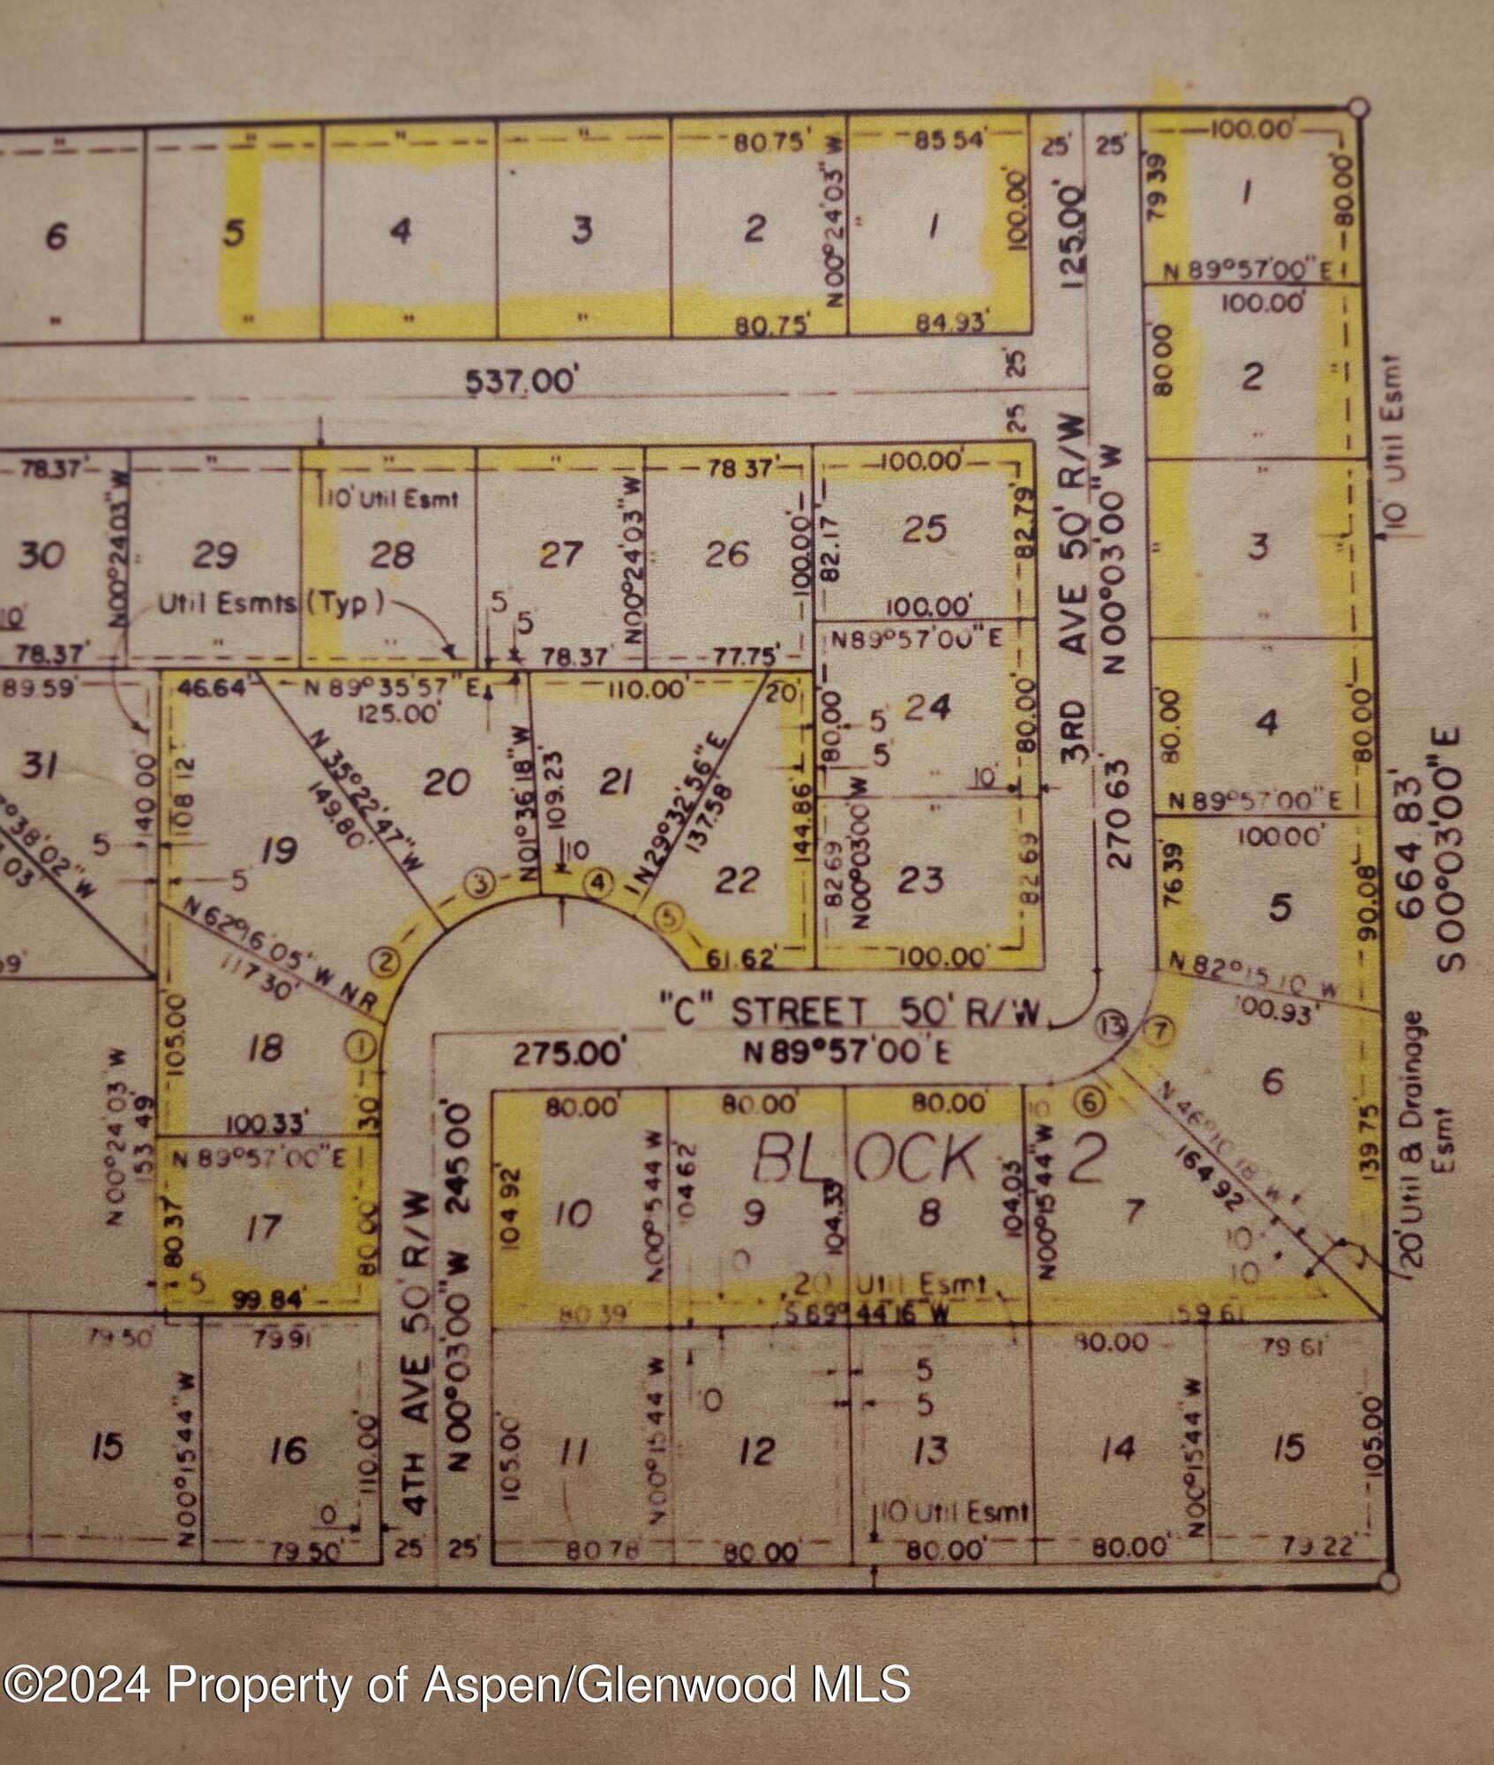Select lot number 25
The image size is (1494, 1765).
point(925,529)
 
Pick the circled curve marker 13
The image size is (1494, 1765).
point(1113,1025)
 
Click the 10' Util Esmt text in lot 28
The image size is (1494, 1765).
point(389,499)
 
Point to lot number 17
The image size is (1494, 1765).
point(262,1227)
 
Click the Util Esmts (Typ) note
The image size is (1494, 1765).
point(272,605)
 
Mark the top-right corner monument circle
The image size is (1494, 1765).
point(1359,109)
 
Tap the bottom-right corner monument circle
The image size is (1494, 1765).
point(1388,1581)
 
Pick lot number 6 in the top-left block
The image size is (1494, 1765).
point(55,237)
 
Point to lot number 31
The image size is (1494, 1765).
point(40,765)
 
